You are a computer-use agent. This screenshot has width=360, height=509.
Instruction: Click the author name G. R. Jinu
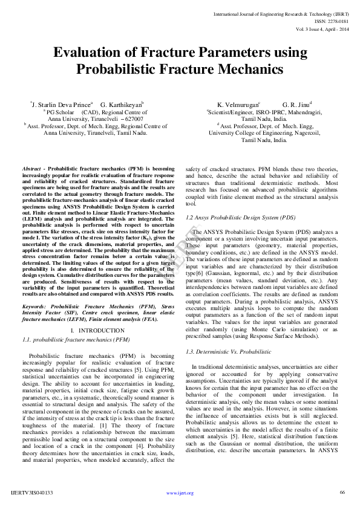coord(296,104)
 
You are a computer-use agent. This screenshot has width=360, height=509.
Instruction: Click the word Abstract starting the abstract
coord(31,168)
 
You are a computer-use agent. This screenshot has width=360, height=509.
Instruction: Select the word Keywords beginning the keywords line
coord(34,306)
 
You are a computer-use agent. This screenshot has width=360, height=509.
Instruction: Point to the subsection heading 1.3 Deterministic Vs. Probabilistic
coord(229,351)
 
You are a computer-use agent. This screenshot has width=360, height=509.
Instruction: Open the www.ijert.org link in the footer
coord(180,493)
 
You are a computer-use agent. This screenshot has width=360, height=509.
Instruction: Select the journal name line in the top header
coord(282,13)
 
